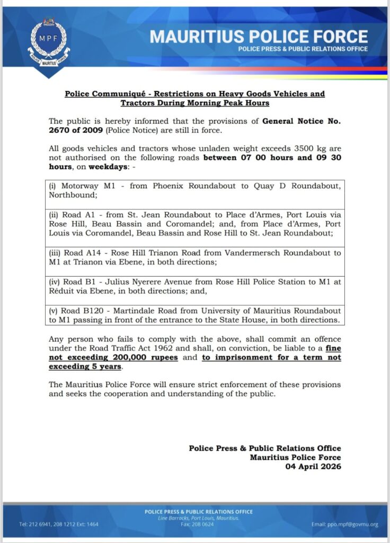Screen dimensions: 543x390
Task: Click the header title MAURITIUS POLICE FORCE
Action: [x=259, y=36]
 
